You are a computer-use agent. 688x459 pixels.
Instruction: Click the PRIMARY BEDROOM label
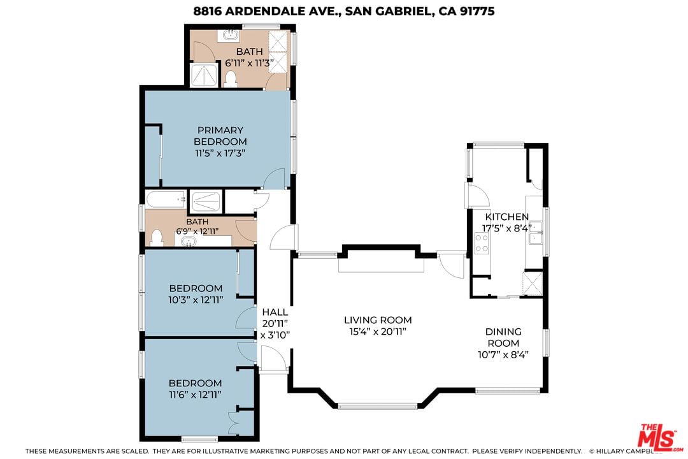point(220,136)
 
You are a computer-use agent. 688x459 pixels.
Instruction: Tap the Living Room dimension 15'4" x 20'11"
point(378,331)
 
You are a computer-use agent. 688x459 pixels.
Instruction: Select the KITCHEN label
point(507,217)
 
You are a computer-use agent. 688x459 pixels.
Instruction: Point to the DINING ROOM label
point(503,337)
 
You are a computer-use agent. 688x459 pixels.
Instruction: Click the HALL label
point(275,312)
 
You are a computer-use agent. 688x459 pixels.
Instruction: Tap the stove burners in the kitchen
point(482,243)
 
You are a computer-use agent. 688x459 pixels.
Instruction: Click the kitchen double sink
point(536,233)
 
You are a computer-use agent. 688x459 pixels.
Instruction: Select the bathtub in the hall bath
point(166,200)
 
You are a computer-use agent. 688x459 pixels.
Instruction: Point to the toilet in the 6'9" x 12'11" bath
point(157,238)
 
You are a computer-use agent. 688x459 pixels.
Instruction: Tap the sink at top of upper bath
point(229,35)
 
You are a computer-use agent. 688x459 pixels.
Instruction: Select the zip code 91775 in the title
point(477,11)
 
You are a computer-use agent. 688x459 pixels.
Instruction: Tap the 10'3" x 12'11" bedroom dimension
point(196,300)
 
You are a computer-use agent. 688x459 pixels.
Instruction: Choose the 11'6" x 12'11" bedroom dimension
point(196,395)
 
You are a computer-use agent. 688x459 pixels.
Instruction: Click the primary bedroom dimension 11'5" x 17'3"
point(220,153)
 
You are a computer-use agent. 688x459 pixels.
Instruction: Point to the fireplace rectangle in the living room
point(381,265)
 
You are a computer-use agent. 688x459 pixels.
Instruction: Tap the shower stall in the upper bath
point(204,75)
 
